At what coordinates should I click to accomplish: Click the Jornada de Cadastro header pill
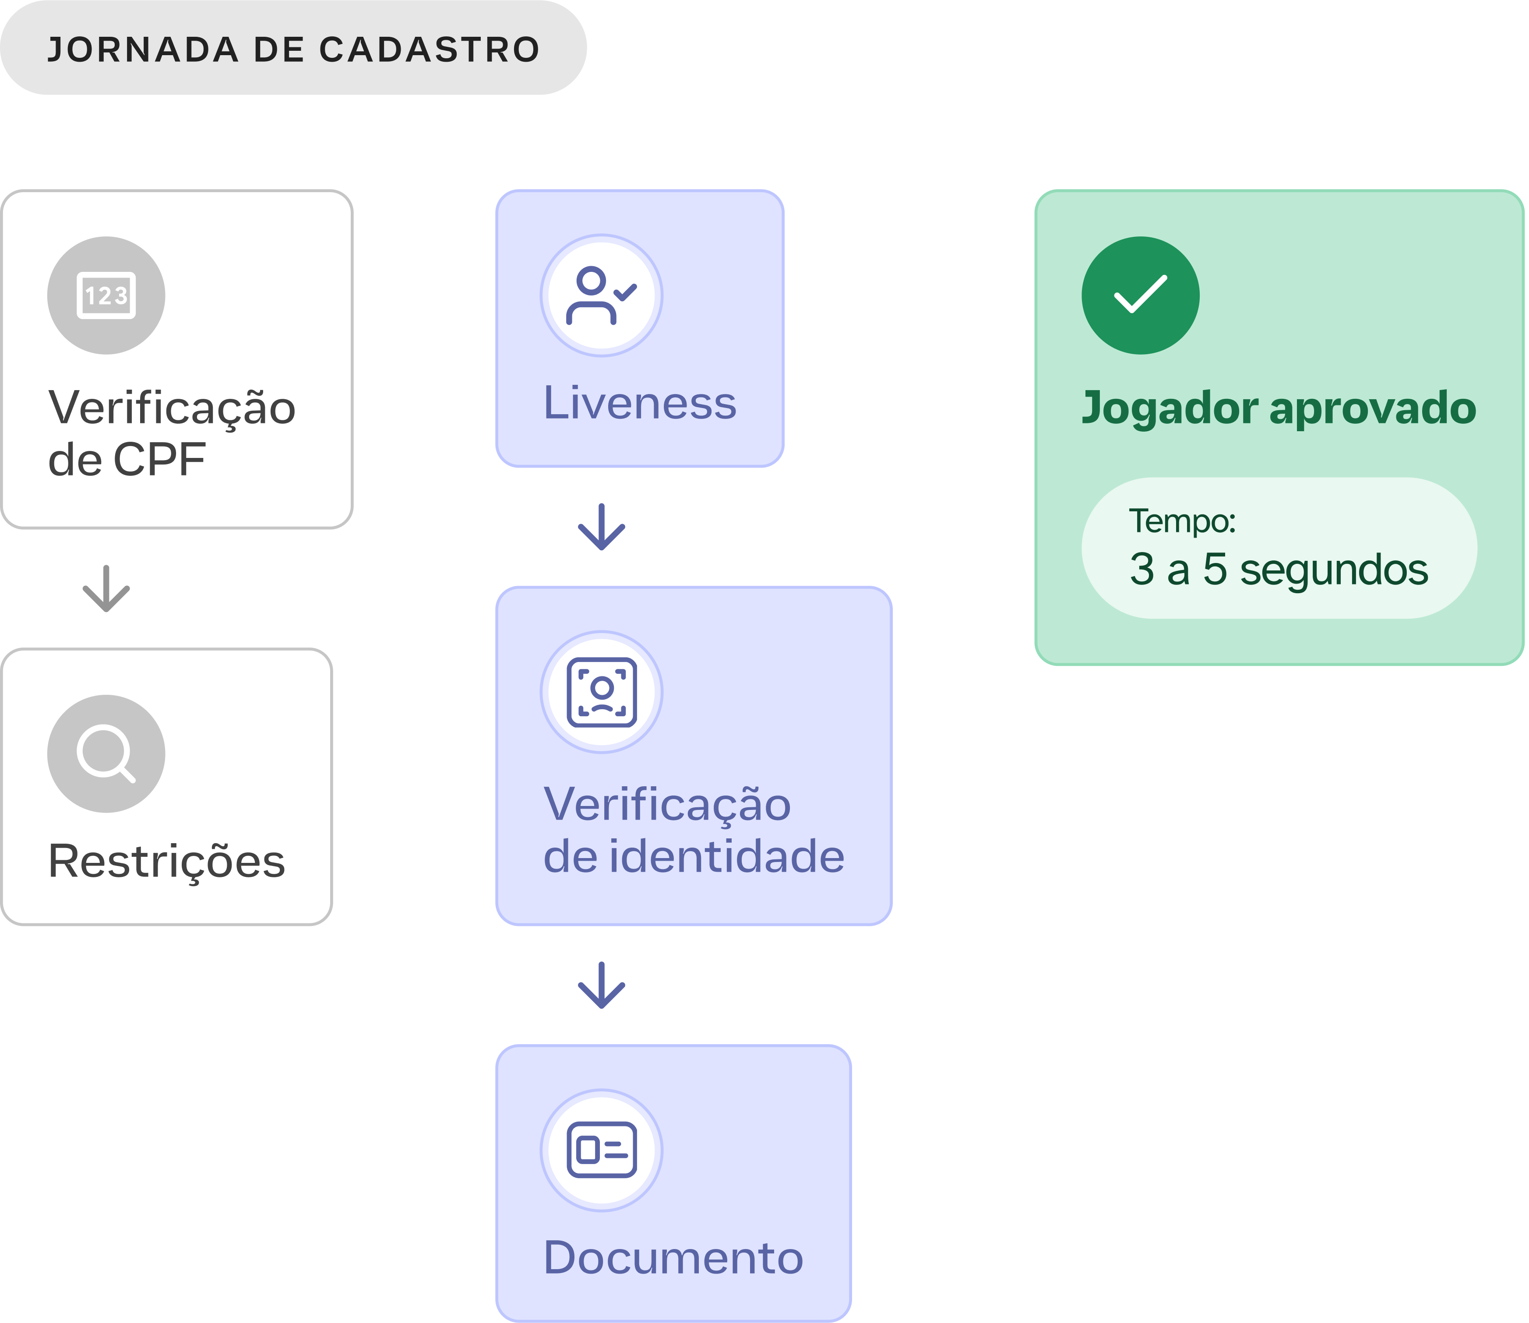(x=293, y=48)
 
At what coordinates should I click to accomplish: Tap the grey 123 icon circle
(x=106, y=296)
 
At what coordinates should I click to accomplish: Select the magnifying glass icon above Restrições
(x=106, y=753)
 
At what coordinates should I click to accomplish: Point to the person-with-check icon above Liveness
(x=601, y=296)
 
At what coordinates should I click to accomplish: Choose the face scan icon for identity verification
(x=601, y=692)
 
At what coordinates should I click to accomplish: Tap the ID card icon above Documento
(x=601, y=1150)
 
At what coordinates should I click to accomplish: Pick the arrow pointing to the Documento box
(x=601, y=985)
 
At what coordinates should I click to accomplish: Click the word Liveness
(x=639, y=403)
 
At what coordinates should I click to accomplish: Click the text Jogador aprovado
(x=1279, y=408)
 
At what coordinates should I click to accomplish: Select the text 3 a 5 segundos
(x=1279, y=569)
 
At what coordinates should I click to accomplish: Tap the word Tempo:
(x=1182, y=521)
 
